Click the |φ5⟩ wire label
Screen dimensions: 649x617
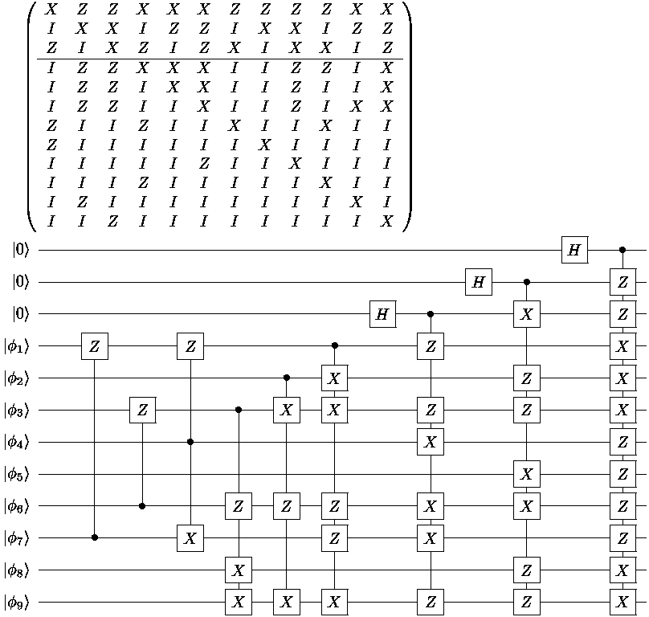[17, 474]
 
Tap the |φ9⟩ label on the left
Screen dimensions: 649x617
[17, 602]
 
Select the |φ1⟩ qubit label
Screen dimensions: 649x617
[17, 346]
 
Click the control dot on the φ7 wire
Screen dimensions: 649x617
[95, 537]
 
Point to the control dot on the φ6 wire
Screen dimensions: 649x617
[142, 506]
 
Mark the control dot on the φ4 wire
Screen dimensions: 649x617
[190, 442]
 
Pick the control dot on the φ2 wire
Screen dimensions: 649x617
[287, 378]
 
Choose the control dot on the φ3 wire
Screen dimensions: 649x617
[239, 410]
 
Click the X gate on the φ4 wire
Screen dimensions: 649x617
[431, 442]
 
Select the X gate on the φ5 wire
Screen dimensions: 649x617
[526, 474]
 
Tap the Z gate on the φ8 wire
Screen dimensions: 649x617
[526, 570]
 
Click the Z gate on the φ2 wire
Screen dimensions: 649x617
[526, 378]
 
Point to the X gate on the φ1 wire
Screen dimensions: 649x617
[622, 346]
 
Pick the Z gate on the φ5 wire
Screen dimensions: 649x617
[622, 474]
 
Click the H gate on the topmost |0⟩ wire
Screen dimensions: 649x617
[574, 250]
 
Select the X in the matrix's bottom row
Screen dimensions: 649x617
[386, 221]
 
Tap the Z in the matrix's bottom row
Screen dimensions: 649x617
[112, 221]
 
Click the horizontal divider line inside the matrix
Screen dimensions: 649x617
[220, 59]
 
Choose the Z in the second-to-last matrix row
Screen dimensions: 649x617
[82, 202]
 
